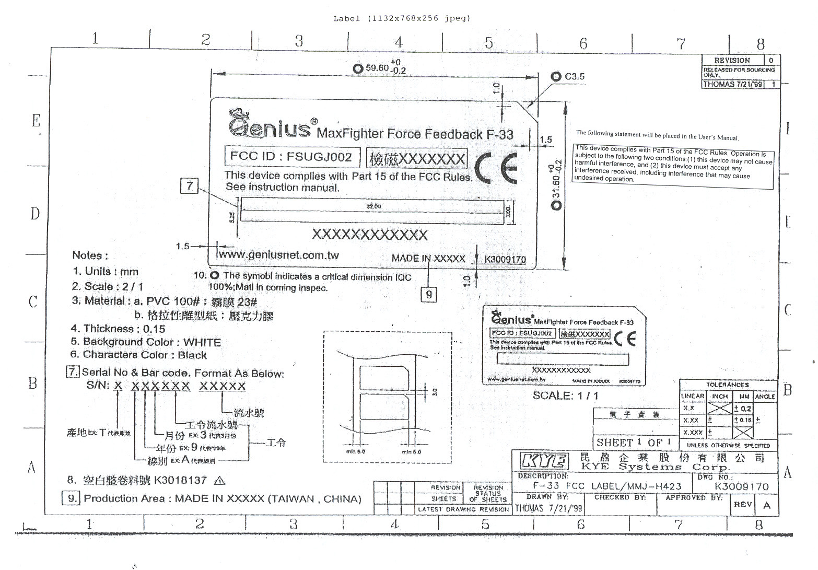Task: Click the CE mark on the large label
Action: tap(496, 168)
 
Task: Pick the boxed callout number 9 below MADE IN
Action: tap(429, 294)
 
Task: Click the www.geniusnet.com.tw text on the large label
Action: tap(278, 255)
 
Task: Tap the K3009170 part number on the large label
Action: tap(505, 260)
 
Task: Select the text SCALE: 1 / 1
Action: tap(566, 395)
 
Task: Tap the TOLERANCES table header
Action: tap(728, 385)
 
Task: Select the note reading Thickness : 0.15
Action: tap(118, 329)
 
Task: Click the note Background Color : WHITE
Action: tap(146, 342)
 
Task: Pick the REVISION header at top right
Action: tap(732, 61)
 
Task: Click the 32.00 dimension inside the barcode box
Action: tap(373, 206)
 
